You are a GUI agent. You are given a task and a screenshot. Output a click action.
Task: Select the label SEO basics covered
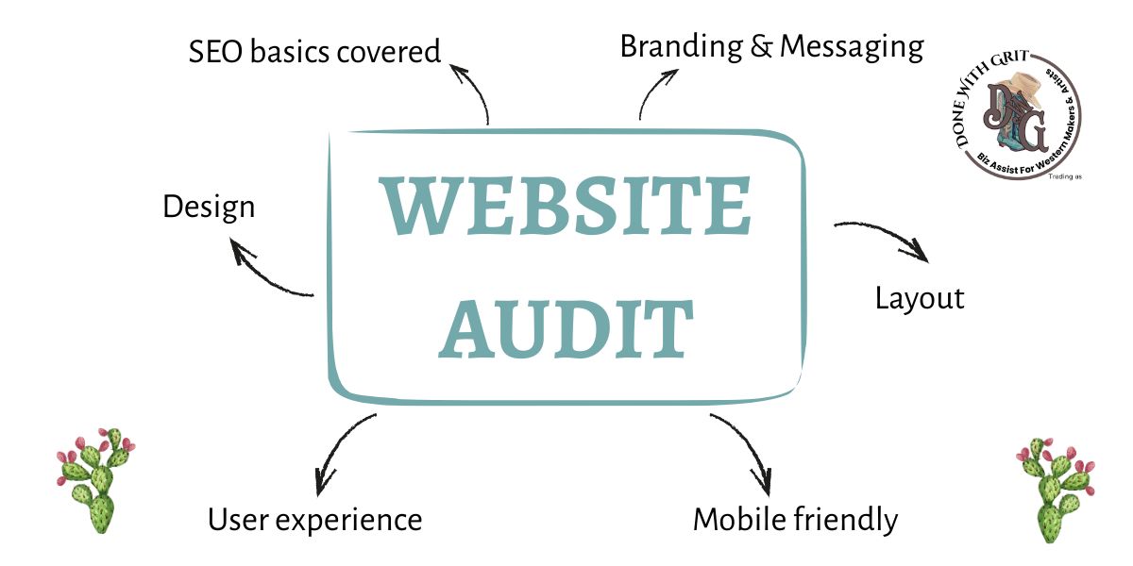point(314,51)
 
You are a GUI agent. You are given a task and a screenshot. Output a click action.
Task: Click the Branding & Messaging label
point(771,46)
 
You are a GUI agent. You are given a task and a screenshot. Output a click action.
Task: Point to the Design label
point(209,206)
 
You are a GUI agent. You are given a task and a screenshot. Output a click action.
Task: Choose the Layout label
point(919,298)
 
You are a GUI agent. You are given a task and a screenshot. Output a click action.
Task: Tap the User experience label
point(314,518)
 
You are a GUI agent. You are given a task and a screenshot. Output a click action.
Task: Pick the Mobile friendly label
point(795,518)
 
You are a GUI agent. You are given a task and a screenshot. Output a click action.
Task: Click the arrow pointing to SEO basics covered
point(474,92)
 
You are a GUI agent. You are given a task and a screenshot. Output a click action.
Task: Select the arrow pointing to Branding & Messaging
point(651,92)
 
